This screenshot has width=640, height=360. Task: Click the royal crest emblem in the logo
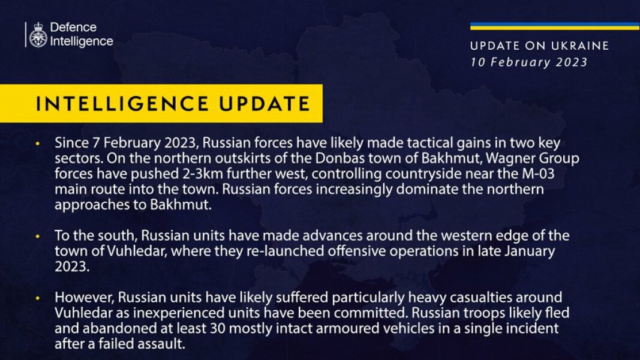pos(38,35)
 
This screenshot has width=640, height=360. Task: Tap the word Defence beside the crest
pos(73,28)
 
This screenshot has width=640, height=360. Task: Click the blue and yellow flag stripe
pos(554,26)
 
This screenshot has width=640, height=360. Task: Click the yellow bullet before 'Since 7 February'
pos(38,145)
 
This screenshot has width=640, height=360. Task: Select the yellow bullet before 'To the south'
pos(38,236)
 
